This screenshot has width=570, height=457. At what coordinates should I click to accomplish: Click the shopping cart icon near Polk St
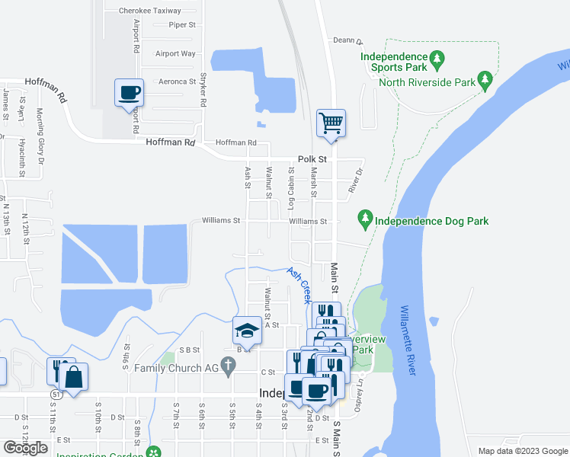click(331, 123)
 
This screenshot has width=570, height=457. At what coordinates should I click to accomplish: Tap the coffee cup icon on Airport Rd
click(129, 93)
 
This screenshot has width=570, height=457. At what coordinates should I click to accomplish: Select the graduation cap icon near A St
click(247, 331)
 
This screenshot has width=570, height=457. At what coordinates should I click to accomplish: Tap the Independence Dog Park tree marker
click(365, 220)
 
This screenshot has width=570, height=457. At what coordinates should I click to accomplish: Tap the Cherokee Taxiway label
click(150, 11)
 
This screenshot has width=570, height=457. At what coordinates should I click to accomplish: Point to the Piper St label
click(183, 25)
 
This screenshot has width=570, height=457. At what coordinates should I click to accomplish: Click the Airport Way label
click(175, 53)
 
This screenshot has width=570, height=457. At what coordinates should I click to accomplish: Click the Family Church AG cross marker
click(226, 365)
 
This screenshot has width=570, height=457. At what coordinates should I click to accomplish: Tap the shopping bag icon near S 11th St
click(75, 377)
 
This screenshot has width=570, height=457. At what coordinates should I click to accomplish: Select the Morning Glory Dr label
click(40, 126)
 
